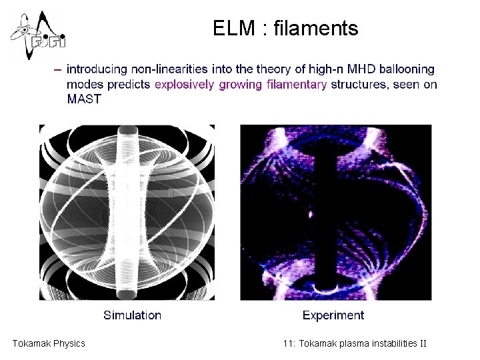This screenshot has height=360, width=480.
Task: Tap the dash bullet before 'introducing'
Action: pyautogui.click(x=59, y=69)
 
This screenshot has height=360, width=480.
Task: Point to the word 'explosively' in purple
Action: pyautogui.click(x=184, y=84)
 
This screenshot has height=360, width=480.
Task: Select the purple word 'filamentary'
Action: pyautogui.click(x=297, y=84)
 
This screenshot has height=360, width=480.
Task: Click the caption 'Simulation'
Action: pyautogui.click(x=132, y=315)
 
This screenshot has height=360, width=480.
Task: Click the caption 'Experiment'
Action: pyautogui.click(x=333, y=315)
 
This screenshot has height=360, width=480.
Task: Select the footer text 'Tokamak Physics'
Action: pyautogui.click(x=49, y=343)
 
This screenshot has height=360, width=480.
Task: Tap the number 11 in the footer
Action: pyautogui.click(x=288, y=343)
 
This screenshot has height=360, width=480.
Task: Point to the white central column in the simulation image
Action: pyautogui.click(x=127, y=213)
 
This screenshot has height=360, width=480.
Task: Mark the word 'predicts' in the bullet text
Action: pyautogui.click(x=131, y=84)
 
